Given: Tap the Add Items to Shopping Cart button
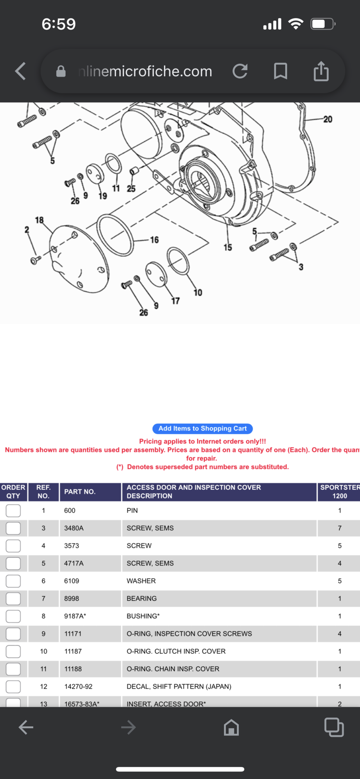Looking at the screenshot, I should click(202, 428).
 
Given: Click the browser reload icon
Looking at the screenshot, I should click(240, 71).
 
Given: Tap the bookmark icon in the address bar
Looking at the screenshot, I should click(280, 71).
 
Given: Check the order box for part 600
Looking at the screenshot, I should click(13, 511).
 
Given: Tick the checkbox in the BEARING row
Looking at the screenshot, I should click(13, 599).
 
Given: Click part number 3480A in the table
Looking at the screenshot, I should click(74, 528).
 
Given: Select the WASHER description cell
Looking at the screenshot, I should click(141, 581).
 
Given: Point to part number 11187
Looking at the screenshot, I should click(73, 651).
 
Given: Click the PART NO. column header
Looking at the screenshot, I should click(80, 492).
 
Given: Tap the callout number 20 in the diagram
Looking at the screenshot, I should click(328, 119).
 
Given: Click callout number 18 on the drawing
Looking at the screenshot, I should click(39, 220).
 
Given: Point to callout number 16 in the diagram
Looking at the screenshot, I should click(155, 240).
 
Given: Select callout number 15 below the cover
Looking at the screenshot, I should click(228, 247).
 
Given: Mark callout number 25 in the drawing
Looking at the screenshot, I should click(131, 189).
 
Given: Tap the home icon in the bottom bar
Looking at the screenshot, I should click(231, 727).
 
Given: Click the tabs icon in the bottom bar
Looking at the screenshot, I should click(334, 727).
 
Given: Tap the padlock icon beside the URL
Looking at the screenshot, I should click(61, 71).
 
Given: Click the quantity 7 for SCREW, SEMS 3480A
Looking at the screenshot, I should click(340, 528).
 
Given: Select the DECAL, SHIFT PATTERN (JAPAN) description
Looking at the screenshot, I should click(179, 687).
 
